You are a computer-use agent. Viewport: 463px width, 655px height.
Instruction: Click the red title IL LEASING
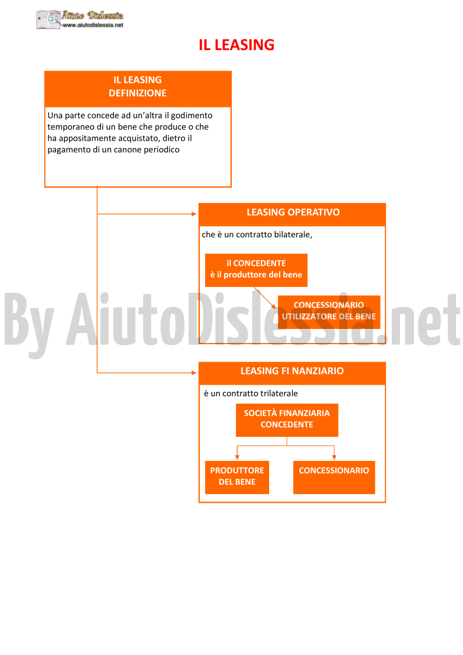coord(236,45)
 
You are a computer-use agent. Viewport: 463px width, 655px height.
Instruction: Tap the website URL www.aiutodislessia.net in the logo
coord(93,25)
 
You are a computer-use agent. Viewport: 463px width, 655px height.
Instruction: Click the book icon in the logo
coord(48,19)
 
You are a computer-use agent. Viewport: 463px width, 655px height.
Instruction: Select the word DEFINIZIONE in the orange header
coord(138,93)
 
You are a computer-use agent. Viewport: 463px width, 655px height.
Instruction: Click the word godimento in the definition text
coord(192,115)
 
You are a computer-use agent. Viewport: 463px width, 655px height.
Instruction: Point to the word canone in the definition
coord(127,149)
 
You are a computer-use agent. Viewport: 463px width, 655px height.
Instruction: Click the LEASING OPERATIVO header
coord(293,212)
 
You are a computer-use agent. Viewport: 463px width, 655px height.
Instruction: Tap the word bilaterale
coord(293,235)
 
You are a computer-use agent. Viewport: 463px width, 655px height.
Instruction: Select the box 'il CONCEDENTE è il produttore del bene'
coord(256,270)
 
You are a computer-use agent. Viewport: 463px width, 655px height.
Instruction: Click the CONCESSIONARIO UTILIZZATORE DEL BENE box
coord(329,311)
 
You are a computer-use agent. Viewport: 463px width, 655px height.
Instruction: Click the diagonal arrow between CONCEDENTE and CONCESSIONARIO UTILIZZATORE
coord(265,297)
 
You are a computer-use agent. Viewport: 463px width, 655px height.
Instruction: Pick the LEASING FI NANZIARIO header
coord(292,371)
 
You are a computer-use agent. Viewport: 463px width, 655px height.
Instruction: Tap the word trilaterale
coord(278,394)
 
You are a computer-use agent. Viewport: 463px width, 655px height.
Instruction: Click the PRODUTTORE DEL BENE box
coord(236,477)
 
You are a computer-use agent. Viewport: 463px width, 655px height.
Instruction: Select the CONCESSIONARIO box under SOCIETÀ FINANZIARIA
coord(334,477)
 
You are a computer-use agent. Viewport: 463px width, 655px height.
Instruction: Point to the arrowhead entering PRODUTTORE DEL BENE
coord(237,457)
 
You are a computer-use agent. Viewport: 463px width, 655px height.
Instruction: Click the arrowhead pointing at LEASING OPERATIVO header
coord(194,214)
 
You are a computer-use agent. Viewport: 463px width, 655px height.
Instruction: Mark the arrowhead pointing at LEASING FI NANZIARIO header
coord(194,373)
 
